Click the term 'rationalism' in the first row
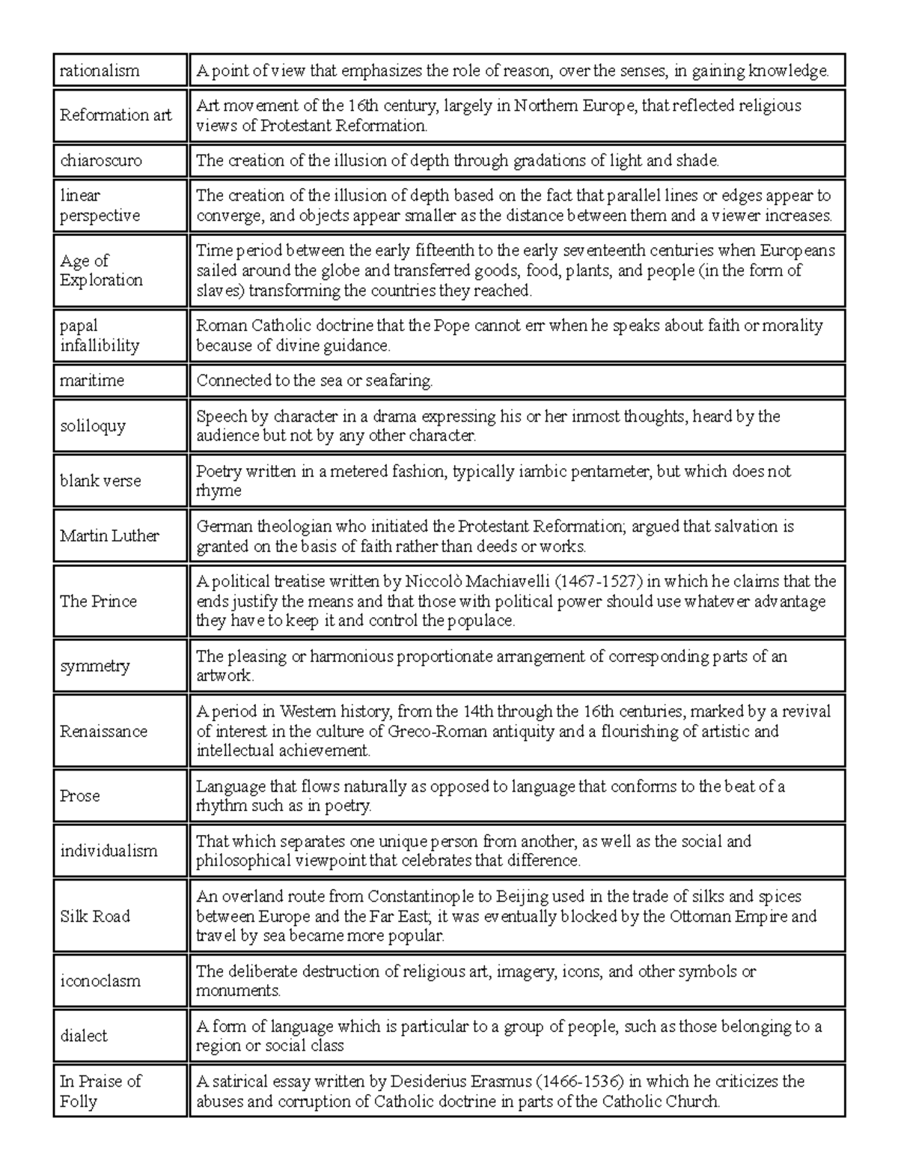point(100,71)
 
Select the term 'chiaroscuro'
point(101,160)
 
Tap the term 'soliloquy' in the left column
point(93,426)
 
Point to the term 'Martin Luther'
point(109,536)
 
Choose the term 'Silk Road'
point(95,917)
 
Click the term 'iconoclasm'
point(100,981)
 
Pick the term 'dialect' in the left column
point(84,1036)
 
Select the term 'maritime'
point(92,380)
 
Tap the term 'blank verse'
point(100,481)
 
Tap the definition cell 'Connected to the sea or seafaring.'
point(314,380)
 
